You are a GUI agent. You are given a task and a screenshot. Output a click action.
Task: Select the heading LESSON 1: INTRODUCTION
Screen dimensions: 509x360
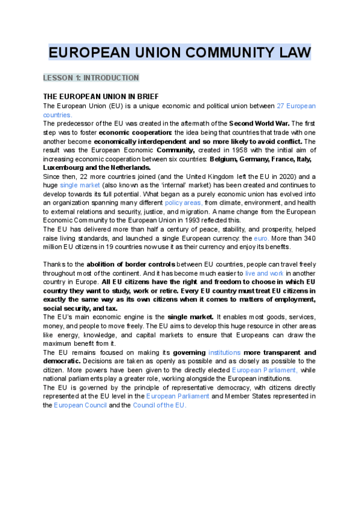click(91, 78)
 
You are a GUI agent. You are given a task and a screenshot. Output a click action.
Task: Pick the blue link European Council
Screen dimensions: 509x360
click(80, 405)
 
